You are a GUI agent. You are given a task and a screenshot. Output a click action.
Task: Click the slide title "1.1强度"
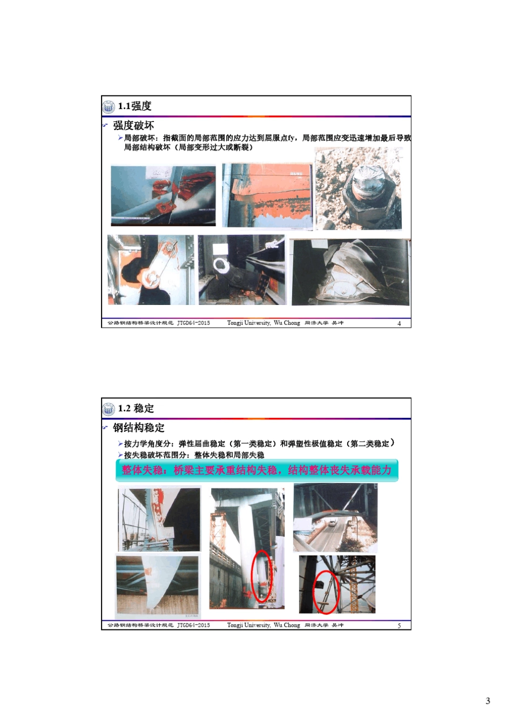134,106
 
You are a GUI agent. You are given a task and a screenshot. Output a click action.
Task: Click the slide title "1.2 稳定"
136,409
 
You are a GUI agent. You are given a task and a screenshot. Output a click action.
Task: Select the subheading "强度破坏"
133,126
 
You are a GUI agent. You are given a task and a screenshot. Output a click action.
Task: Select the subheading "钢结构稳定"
139,428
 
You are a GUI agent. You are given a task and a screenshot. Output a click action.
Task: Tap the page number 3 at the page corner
488,701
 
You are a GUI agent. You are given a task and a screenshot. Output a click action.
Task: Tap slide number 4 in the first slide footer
399,323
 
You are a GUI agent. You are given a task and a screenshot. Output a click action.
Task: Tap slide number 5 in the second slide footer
399,626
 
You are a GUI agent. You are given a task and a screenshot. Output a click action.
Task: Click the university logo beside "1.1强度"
109,106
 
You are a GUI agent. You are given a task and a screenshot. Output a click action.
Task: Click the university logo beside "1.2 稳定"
109,409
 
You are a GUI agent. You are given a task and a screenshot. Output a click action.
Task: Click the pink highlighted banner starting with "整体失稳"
256,470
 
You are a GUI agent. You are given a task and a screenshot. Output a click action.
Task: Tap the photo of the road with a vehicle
335,518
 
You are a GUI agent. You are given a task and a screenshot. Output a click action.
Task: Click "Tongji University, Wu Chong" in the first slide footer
263,323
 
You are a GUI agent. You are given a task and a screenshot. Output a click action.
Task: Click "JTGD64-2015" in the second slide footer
193,626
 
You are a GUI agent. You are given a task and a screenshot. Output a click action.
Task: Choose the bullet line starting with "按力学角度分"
256,444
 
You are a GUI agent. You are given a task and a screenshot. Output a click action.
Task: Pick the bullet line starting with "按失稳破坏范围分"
194,455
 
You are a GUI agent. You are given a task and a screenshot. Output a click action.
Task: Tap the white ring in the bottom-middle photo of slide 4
221,266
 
